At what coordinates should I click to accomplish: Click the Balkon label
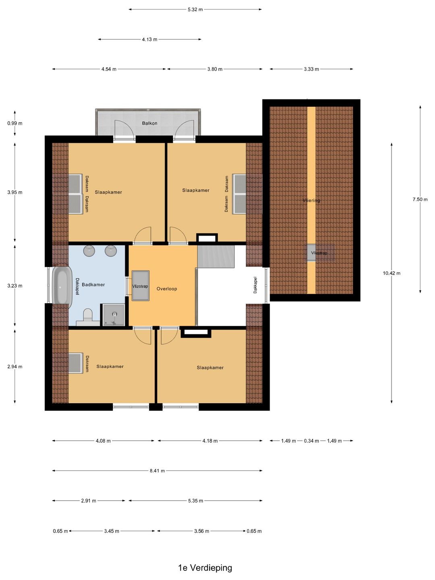149,123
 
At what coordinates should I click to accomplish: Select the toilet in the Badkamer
88,315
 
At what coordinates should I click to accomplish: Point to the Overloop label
167,289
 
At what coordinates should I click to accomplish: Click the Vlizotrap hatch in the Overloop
141,286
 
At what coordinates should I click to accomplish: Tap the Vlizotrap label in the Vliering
319,253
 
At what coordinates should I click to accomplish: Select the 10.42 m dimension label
391,273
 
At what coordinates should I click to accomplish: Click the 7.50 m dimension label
420,199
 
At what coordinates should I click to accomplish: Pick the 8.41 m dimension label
157,470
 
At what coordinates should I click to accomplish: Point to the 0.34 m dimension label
311,441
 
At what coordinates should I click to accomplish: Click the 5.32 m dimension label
195,10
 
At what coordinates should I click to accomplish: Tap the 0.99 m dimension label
15,123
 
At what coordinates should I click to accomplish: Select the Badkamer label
93,285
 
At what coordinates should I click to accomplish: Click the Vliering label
311,200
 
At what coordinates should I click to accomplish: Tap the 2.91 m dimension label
89,501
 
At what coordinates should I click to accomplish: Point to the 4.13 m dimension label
149,39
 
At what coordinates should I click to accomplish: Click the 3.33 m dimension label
311,69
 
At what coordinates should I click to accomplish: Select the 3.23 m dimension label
15,286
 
